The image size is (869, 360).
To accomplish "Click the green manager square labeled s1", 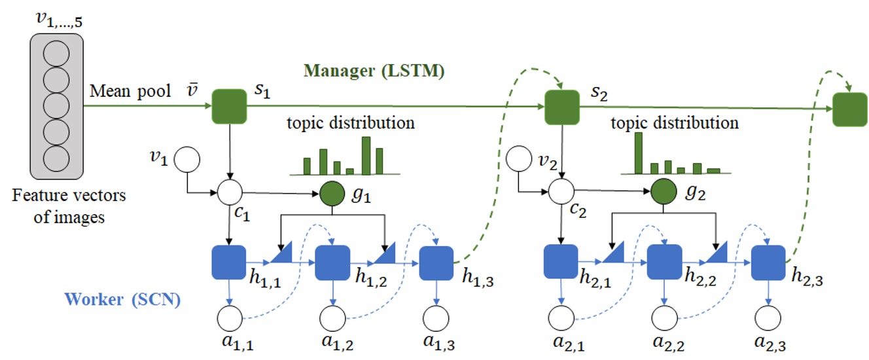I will (x=230, y=107).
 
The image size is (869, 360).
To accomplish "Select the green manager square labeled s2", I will (x=562, y=107).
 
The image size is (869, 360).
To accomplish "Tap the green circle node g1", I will (x=333, y=192).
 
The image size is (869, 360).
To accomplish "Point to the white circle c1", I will (x=230, y=192).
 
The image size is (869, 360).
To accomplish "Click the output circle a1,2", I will (x=332, y=318).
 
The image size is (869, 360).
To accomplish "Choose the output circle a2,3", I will (x=768, y=318).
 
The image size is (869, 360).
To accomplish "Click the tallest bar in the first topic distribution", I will (x=366, y=155).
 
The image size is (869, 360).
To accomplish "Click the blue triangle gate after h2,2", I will (x=715, y=257).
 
